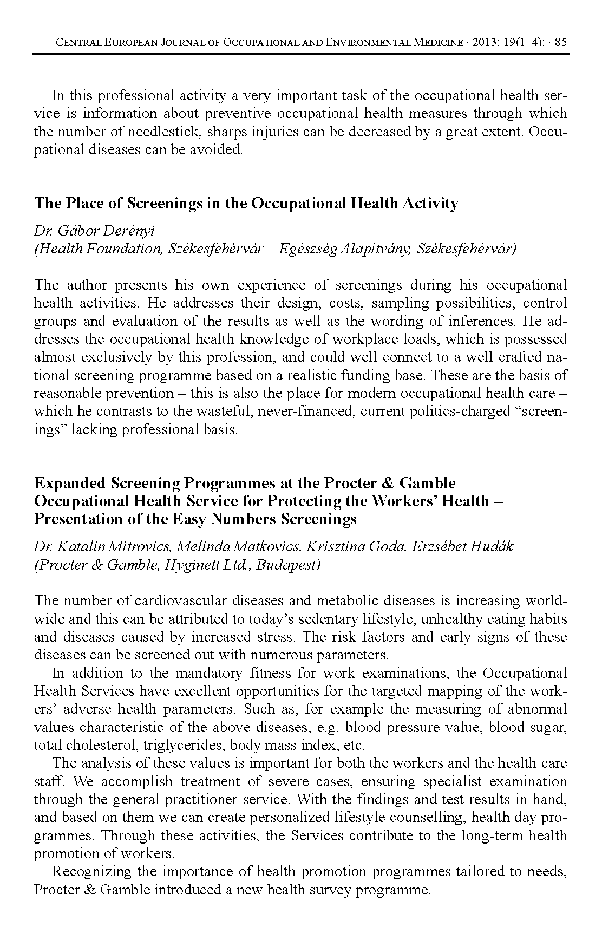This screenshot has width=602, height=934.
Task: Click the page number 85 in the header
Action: [561, 43]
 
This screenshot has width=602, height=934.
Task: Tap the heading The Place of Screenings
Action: [246, 204]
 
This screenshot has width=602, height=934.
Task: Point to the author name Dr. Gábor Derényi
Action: [94, 231]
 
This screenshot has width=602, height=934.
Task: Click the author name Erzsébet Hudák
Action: [462, 546]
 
